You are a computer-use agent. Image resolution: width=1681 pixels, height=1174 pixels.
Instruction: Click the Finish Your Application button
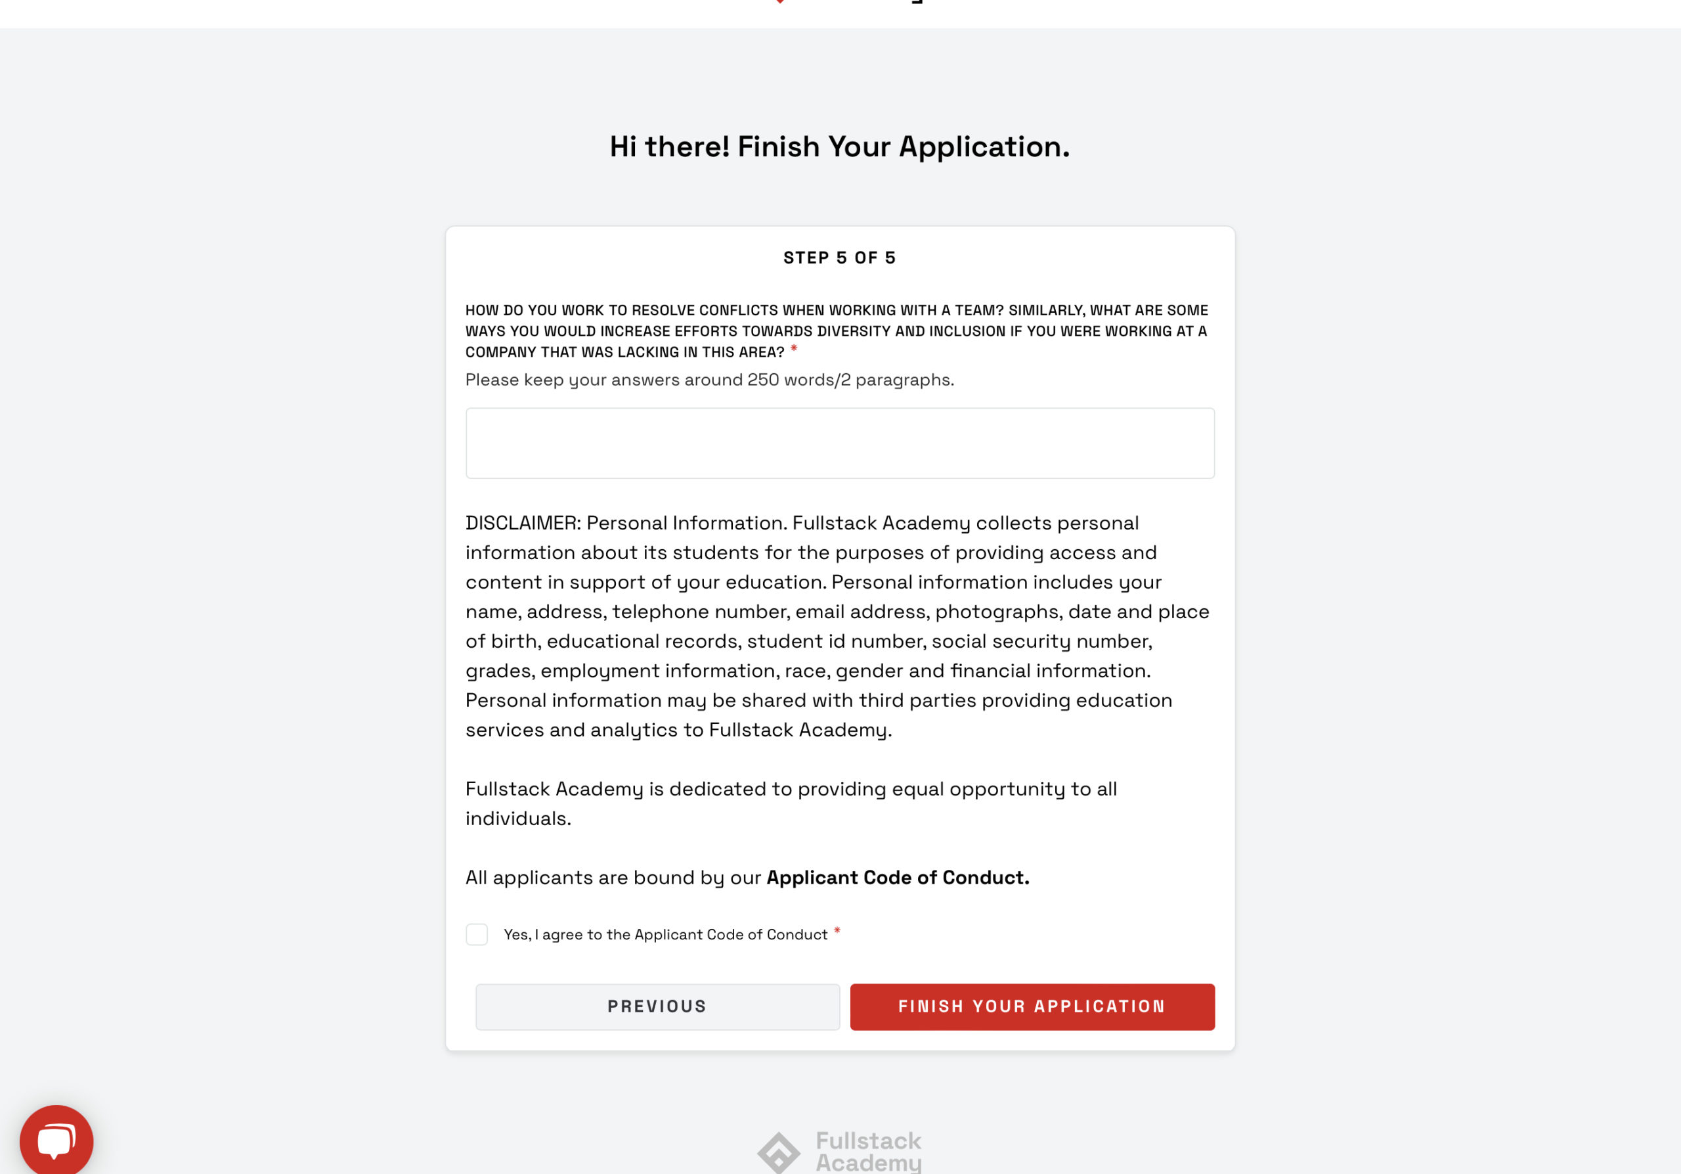pyautogui.click(x=1032, y=1006)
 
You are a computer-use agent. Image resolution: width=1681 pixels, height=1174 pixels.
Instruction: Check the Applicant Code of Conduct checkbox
pyautogui.click(x=477, y=934)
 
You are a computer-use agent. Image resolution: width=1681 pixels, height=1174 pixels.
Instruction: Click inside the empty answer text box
pyautogui.click(x=840, y=443)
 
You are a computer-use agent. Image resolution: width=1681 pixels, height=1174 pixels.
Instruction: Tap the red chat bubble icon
pyautogui.click(x=56, y=1140)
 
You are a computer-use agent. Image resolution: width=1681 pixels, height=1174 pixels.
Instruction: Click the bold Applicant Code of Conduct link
pyautogui.click(x=898, y=878)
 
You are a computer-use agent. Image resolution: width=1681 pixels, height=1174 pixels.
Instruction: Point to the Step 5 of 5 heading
pyautogui.click(x=840, y=258)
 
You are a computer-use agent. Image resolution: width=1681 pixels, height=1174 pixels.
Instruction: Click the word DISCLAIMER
pyautogui.click(x=522, y=523)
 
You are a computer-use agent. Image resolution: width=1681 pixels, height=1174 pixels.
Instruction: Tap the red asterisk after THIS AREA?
pyautogui.click(x=794, y=350)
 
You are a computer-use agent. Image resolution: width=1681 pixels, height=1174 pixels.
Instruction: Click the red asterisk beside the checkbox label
pyautogui.click(x=837, y=932)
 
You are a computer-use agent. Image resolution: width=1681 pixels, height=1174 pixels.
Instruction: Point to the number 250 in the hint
pyautogui.click(x=763, y=379)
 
